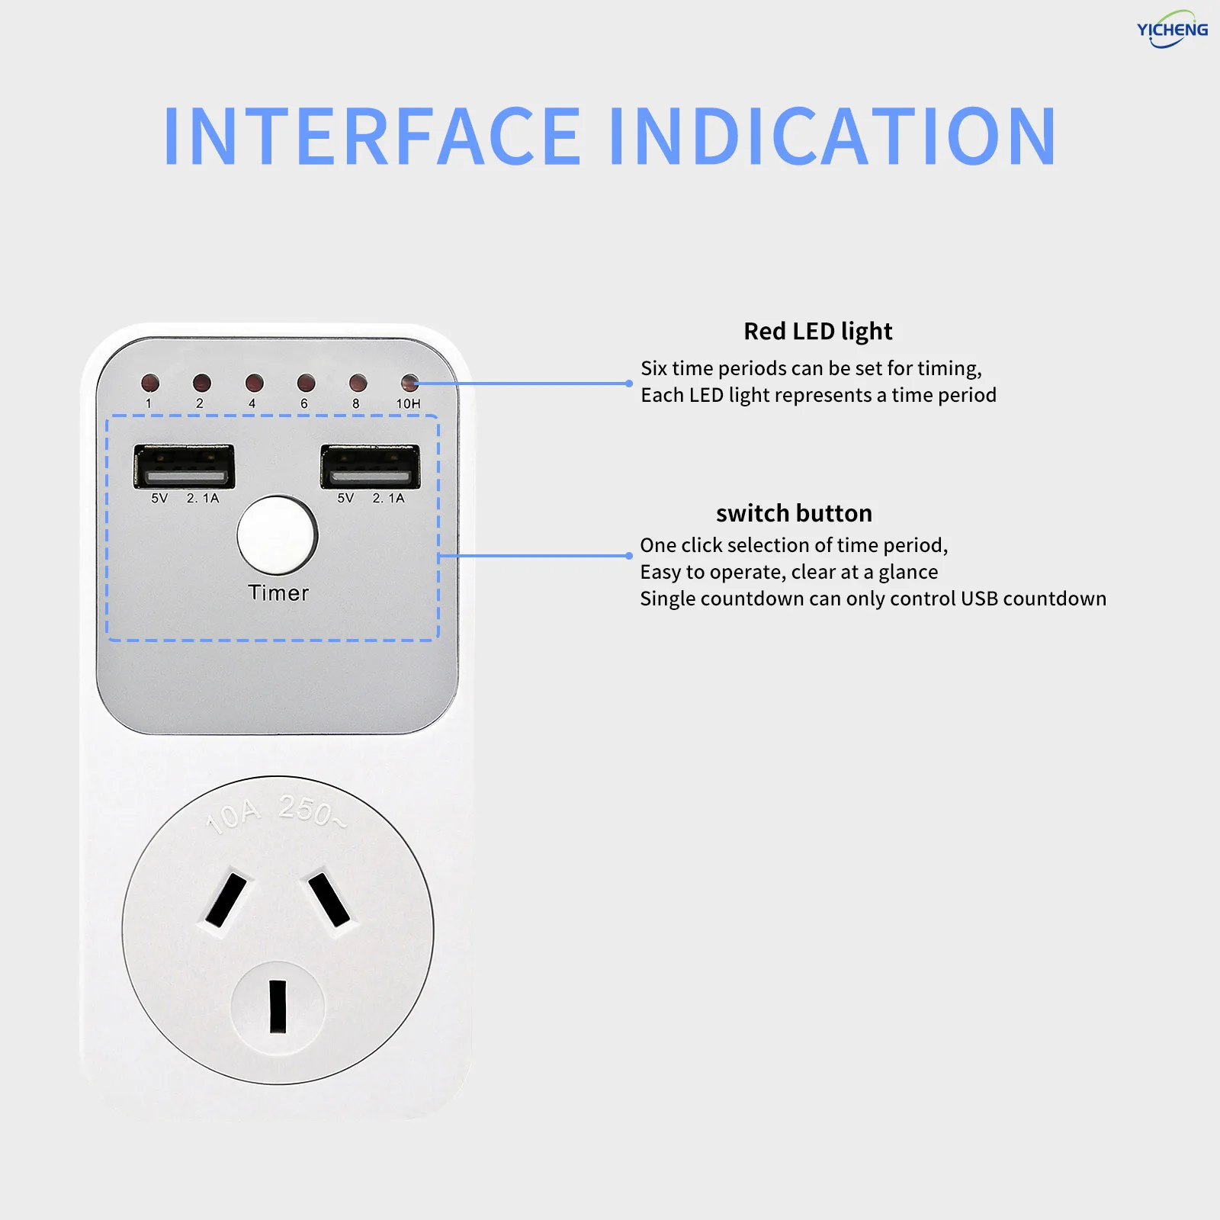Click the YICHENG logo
1172,30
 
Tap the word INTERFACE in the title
372,136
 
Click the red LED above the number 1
149,382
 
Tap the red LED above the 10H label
409,382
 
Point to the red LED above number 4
254,382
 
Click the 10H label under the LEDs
408,403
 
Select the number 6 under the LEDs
304,403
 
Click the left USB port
184,466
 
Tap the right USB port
370,466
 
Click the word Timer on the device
278,593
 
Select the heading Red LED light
817,332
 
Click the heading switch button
794,513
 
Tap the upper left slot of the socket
226,900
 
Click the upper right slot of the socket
329,900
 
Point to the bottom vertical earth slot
278,1006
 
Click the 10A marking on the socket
233,817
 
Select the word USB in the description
978,599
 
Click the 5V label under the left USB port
159,498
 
